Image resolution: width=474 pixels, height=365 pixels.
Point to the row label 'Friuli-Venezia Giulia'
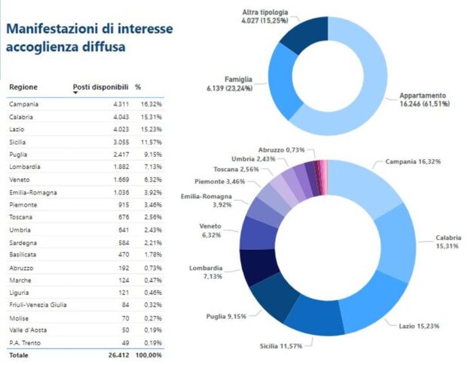[x=38, y=305]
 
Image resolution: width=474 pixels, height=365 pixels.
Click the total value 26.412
[x=118, y=354]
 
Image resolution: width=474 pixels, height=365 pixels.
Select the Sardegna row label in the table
[x=23, y=242]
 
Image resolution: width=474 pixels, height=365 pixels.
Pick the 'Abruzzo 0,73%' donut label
[x=286, y=150]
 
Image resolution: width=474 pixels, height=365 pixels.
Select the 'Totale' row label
[x=18, y=354]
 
